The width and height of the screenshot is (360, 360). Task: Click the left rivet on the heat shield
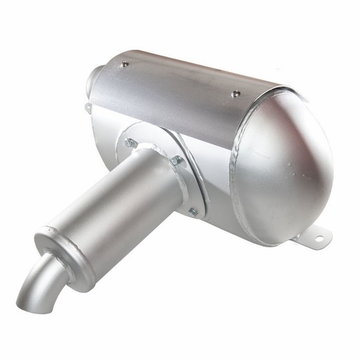pos(125,64)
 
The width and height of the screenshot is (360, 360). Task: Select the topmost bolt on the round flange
pos(131,142)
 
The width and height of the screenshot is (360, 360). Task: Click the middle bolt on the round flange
pos(175,160)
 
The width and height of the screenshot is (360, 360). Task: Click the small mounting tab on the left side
pos(88,107)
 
